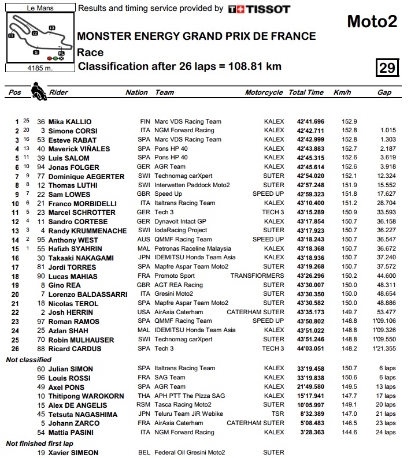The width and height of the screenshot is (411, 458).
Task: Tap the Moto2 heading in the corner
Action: (x=372, y=21)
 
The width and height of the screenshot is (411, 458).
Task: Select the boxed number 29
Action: (x=387, y=68)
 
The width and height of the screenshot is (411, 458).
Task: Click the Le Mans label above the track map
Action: (x=40, y=9)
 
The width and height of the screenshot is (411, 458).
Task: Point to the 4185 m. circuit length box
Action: (x=40, y=67)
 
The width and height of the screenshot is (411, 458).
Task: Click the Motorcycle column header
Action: (x=264, y=92)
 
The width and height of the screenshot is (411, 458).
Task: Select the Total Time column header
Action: (x=306, y=92)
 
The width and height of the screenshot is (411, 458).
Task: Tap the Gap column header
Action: (x=384, y=92)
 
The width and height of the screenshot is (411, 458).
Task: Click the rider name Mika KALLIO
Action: (x=70, y=122)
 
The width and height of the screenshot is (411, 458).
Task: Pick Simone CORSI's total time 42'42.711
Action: (x=310, y=131)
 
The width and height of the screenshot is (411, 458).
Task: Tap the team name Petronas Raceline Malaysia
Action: (x=188, y=249)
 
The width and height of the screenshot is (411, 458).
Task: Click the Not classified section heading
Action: (x=29, y=360)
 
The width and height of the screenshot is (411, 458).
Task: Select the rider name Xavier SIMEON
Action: (x=73, y=453)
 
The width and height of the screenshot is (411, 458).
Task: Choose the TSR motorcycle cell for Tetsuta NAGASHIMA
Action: (x=277, y=414)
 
